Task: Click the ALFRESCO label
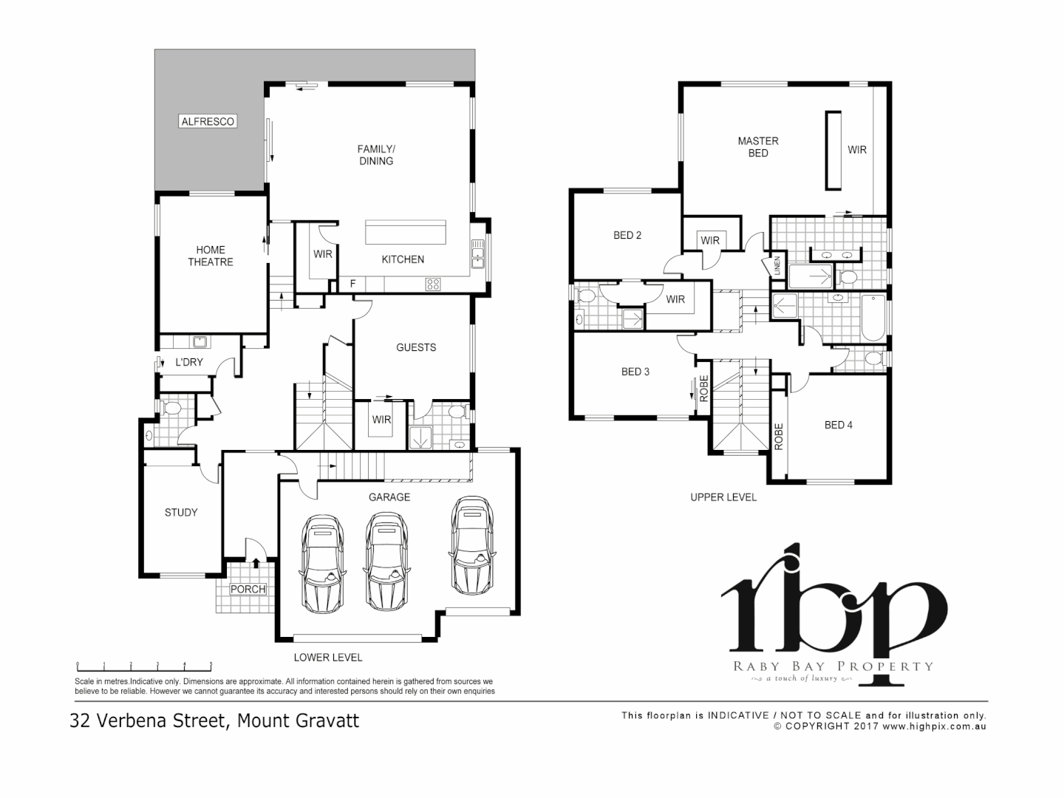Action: pyautogui.click(x=208, y=121)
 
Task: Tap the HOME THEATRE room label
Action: pyautogui.click(x=210, y=256)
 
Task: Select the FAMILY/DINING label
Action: pyautogui.click(x=375, y=154)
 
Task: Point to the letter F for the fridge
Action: pyautogui.click(x=352, y=284)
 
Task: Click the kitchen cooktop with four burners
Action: pyautogui.click(x=433, y=283)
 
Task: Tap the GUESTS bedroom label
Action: pyautogui.click(x=416, y=347)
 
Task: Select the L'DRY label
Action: pyautogui.click(x=188, y=362)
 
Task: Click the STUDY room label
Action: pyautogui.click(x=181, y=512)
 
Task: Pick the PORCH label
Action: pyautogui.click(x=248, y=589)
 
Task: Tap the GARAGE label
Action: pyautogui.click(x=389, y=497)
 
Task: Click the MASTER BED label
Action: pyautogui.click(x=758, y=147)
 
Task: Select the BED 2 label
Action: pyautogui.click(x=627, y=235)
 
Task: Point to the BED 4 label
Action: pyautogui.click(x=839, y=425)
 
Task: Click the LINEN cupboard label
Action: pyautogui.click(x=777, y=266)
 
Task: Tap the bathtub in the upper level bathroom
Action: pyautogui.click(x=873, y=317)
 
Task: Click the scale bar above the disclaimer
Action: pyautogui.click(x=144, y=665)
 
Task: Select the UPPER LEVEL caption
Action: pyautogui.click(x=723, y=497)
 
